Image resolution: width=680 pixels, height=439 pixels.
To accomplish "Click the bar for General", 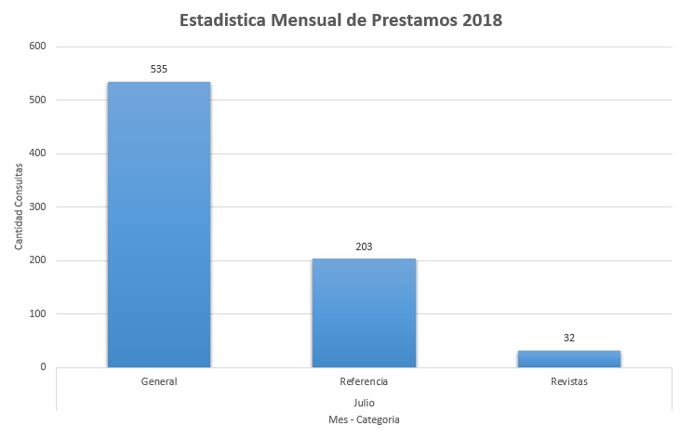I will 159,224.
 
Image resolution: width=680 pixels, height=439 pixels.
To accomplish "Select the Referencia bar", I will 364,313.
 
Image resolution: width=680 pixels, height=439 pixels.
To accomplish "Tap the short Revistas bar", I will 568,358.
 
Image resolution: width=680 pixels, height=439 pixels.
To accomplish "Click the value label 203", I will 364,246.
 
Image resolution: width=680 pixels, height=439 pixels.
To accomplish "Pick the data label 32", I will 568,338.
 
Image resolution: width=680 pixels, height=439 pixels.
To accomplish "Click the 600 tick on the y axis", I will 38,47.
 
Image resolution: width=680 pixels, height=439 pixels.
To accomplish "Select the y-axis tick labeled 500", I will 38,100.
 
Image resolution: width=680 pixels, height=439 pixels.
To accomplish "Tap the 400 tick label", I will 38,153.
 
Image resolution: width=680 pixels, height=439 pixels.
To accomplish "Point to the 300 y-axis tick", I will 38,206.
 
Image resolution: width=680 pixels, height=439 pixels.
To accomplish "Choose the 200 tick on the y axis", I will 38,260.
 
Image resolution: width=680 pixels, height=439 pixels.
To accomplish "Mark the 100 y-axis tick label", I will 38,313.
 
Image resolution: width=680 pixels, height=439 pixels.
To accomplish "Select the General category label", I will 159,382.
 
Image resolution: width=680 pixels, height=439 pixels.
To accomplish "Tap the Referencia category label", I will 364,382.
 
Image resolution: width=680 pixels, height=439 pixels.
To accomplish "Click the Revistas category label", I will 568,382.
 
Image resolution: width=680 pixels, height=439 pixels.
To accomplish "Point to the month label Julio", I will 364,402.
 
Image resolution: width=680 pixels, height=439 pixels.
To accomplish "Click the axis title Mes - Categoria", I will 364,420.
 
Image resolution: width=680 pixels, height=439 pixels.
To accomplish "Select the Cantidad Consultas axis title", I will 19,206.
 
